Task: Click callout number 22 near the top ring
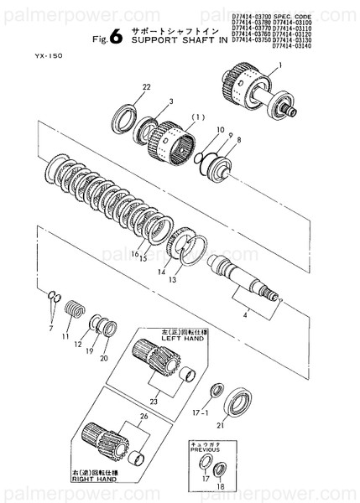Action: tap(146, 87)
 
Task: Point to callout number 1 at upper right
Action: tap(279, 66)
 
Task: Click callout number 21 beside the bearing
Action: tap(245, 425)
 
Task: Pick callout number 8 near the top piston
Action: tap(237, 139)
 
